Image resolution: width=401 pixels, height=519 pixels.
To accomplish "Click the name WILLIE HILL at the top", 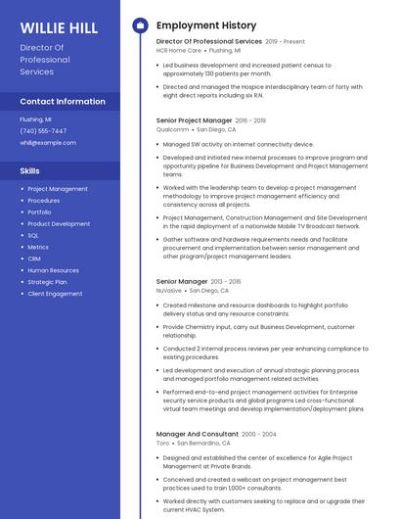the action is tap(59, 27).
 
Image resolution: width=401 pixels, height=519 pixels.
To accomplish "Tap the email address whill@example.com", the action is tap(47, 143).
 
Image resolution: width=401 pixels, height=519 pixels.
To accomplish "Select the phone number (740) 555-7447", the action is tap(43, 131).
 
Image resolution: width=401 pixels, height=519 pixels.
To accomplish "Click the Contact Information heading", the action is tap(63, 102).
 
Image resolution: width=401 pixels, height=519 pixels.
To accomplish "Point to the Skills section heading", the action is tap(30, 171).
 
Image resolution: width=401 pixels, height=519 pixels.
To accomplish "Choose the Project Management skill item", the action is tap(58, 189).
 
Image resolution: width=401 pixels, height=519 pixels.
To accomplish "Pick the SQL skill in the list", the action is tap(33, 236).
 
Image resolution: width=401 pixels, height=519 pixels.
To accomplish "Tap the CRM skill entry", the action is tap(34, 259).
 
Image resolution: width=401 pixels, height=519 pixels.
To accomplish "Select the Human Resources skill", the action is tap(53, 270).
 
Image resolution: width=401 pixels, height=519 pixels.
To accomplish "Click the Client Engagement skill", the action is tap(55, 294).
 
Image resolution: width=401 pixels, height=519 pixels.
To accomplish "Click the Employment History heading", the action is tap(206, 25).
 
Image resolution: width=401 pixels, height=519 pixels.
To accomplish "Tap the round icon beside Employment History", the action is tap(140, 25).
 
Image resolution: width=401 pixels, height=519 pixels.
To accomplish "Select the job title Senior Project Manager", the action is tap(194, 120).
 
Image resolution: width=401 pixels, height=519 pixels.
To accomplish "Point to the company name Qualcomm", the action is tap(173, 129).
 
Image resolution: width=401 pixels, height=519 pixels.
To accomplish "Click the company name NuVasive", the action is tap(169, 291).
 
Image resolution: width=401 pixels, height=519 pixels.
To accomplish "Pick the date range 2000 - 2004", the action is tap(259, 434).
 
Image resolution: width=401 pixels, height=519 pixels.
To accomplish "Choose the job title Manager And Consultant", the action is tap(197, 434).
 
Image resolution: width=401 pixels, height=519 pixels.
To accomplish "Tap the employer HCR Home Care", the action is tap(179, 50).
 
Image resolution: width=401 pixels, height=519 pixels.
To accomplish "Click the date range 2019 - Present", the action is tap(286, 42).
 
